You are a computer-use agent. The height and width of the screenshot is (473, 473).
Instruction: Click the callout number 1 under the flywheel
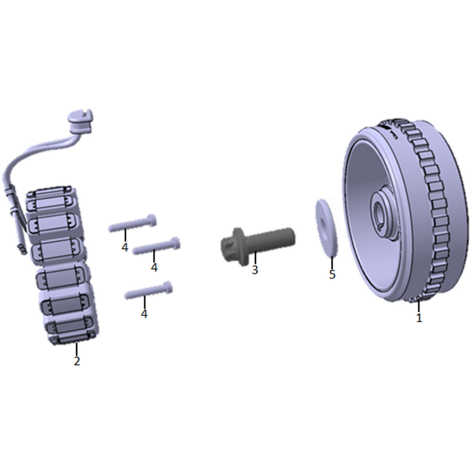coord(419,318)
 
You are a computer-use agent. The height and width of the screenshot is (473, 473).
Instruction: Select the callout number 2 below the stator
coord(77,361)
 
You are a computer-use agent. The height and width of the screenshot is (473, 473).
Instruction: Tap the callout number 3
coord(255,270)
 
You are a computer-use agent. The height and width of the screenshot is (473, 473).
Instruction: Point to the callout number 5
coord(332,274)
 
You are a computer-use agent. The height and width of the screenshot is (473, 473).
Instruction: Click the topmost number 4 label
coord(125,248)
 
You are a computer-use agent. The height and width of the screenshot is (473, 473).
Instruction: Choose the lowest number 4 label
coord(144,314)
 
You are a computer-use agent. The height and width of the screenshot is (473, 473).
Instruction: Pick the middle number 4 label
coord(154,268)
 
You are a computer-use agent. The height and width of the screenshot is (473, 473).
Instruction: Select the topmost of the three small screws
coord(132,223)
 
